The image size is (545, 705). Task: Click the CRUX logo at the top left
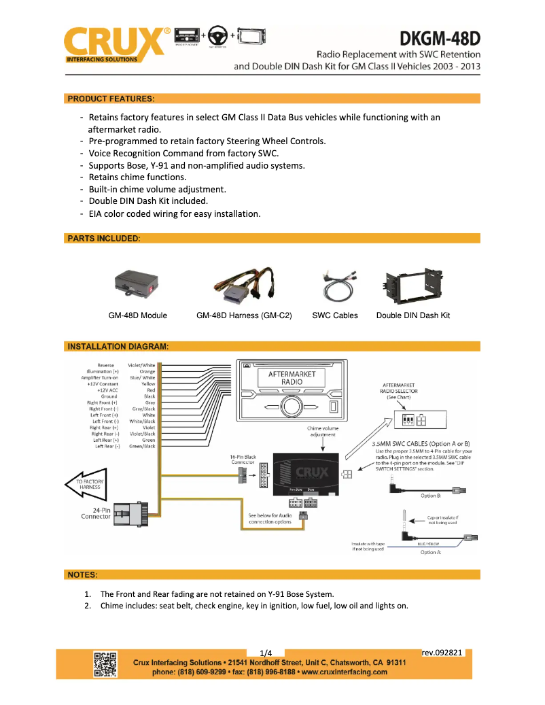pyautogui.click(x=116, y=44)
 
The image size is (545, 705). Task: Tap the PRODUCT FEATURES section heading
pyautogui.click(x=111, y=99)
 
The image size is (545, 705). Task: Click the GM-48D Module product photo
pyautogui.click(x=137, y=285)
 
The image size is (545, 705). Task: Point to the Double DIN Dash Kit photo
pyautogui.click(x=412, y=285)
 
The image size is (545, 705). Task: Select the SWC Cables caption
pyautogui.click(x=335, y=315)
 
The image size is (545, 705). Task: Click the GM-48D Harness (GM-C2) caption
pyautogui.click(x=244, y=315)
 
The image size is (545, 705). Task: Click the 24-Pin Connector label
pyautogui.click(x=96, y=513)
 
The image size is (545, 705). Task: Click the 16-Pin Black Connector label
pyautogui.click(x=241, y=460)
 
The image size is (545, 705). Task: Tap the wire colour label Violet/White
pyautogui.click(x=141, y=365)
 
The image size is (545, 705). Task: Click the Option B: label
pyautogui.click(x=430, y=496)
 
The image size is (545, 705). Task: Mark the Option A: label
pyautogui.click(x=430, y=552)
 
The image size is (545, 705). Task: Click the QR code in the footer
pyautogui.click(x=105, y=664)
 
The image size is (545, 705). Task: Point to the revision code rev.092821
pyautogui.click(x=442, y=653)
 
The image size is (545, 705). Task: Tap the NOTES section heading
pyautogui.click(x=82, y=574)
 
